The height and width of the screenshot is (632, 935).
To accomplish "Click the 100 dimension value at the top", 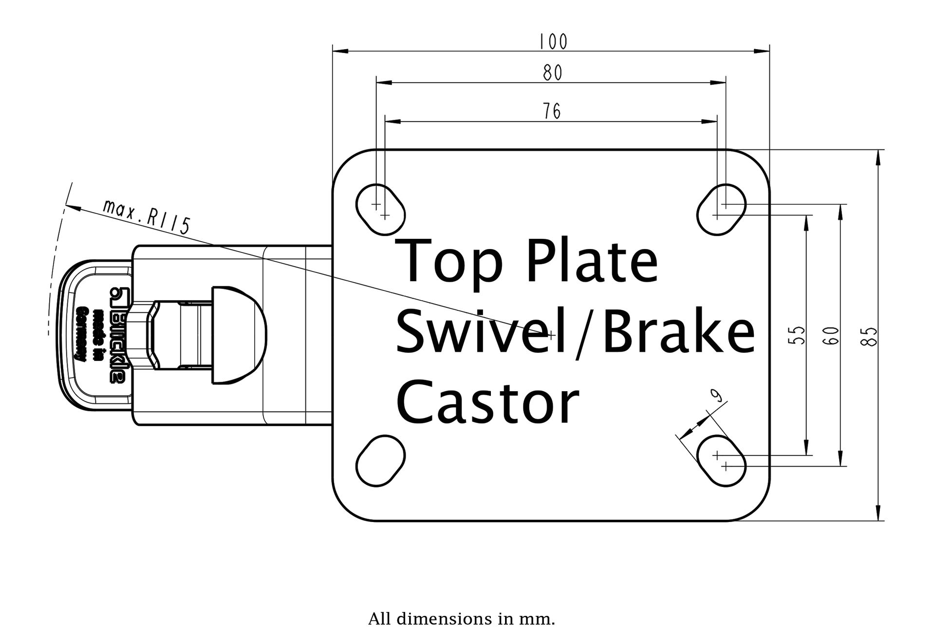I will [x=554, y=42].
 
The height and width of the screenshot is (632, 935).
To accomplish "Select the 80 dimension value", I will [x=553, y=73].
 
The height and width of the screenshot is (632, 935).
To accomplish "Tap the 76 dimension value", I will [x=552, y=111].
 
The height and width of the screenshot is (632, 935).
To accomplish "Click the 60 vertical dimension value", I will [x=831, y=335].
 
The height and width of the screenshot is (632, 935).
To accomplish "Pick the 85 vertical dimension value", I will [x=871, y=336].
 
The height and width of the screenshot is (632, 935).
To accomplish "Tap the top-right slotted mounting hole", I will [x=721, y=209].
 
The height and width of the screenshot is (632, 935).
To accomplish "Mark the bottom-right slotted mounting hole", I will [x=721, y=460].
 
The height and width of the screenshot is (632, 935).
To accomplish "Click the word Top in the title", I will [x=450, y=262].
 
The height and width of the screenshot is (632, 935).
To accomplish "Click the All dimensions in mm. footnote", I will [x=462, y=619].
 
